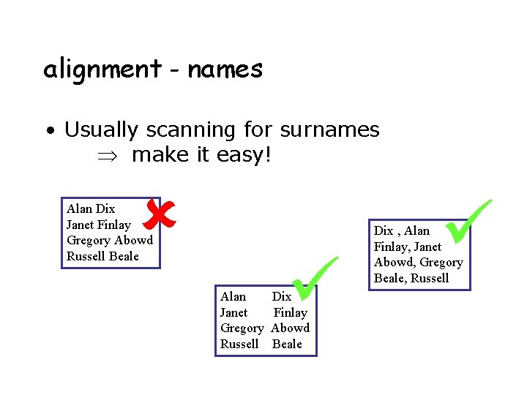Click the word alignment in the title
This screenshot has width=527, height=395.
102,70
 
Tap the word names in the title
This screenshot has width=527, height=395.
225,70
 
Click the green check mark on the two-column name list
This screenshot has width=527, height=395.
314,279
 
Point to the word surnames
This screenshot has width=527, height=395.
328,130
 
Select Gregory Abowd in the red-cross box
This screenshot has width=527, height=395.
109,240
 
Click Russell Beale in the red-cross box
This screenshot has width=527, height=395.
102,256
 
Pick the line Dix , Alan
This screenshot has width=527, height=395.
402,230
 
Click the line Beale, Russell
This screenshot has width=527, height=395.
411,278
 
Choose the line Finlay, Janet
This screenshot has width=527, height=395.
407,247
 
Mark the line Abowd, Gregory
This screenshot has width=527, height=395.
418,262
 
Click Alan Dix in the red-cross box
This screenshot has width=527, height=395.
91,209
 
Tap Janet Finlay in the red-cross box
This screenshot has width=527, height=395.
98,225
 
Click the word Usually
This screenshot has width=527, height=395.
101,130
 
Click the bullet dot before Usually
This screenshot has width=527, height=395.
50,132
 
